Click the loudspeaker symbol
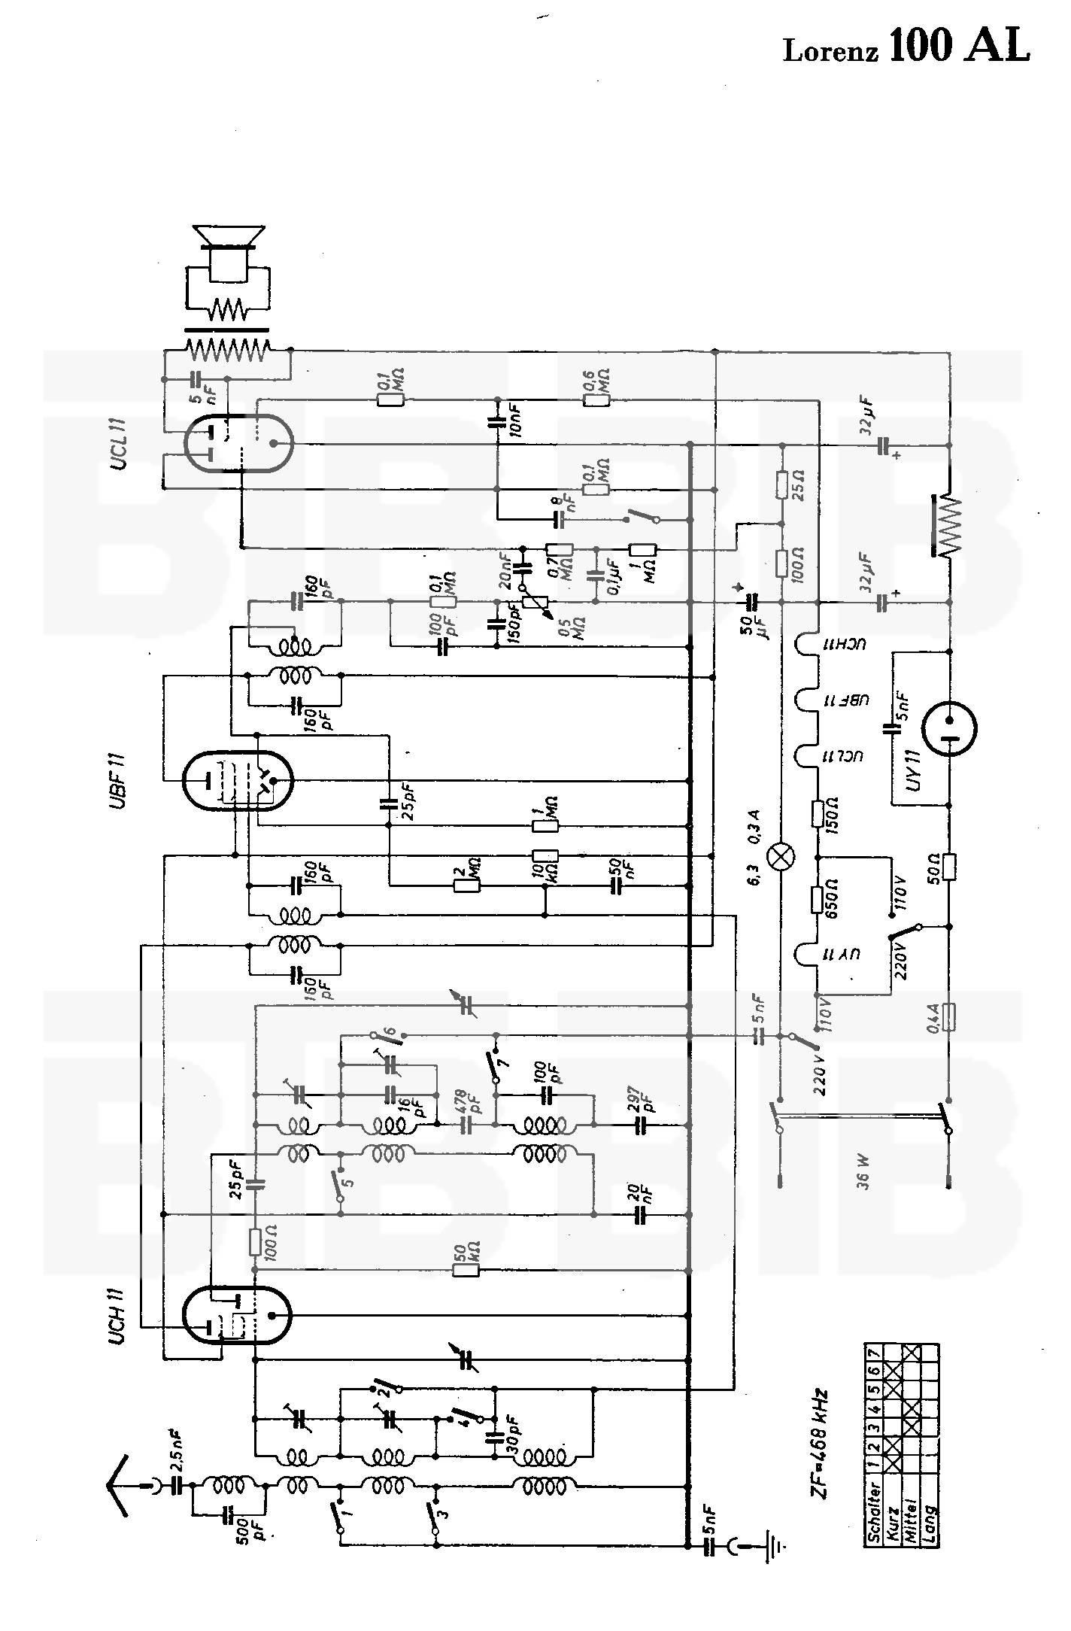point(228,256)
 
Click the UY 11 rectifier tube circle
point(950,728)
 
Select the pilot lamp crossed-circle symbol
point(781,857)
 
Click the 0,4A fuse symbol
point(949,1019)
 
